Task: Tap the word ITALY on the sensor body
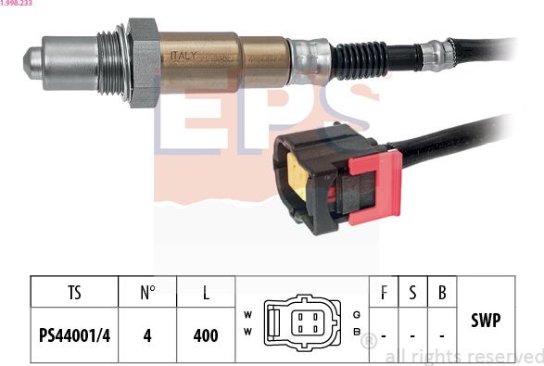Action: tap(183, 56)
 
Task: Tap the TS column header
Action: tap(74, 293)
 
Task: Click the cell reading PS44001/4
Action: tap(74, 334)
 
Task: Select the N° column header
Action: tap(147, 293)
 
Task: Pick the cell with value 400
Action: tap(206, 334)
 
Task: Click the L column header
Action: tap(206, 293)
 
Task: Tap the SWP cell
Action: tap(486, 321)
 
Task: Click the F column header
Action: tap(384, 293)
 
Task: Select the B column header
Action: tap(442, 293)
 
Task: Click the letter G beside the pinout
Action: tap(357, 315)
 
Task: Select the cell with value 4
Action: tap(147, 334)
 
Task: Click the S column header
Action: tap(412, 293)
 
